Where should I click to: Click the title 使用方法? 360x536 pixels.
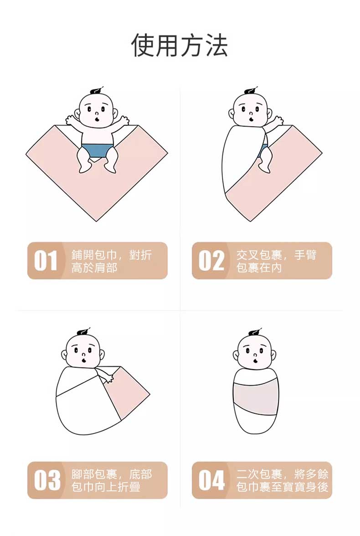pyautogui.click(x=180, y=45)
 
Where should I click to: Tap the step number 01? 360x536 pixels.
pyautogui.click(x=46, y=261)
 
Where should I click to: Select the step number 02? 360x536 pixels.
pyautogui.click(x=211, y=261)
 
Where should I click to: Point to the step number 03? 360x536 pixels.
pyautogui.click(x=47, y=480)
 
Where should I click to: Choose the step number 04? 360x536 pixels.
pyautogui.click(x=211, y=480)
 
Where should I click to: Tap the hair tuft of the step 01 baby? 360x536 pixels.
pyautogui.click(x=96, y=92)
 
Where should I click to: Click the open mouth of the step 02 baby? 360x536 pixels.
pyautogui.click(x=251, y=119)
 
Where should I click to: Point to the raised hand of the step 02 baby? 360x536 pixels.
pyautogui.click(x=277, y=121)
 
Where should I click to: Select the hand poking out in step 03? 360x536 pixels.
pyautogui.click(x=109, y=377)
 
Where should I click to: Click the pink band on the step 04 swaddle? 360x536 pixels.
pyautogui.click(x=256, y=396)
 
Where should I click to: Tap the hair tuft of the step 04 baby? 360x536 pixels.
pyautogui.click(x=255, y=333)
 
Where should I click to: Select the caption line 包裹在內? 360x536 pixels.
pyautogui.click(x=259, y=268)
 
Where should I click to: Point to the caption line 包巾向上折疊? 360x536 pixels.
pyautogui.click(x=106, y=487)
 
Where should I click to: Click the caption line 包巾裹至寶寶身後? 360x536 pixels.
pyautogui.click(x=283, y=487)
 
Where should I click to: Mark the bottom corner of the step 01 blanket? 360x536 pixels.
pyautogui.click(x=97, y=221)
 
